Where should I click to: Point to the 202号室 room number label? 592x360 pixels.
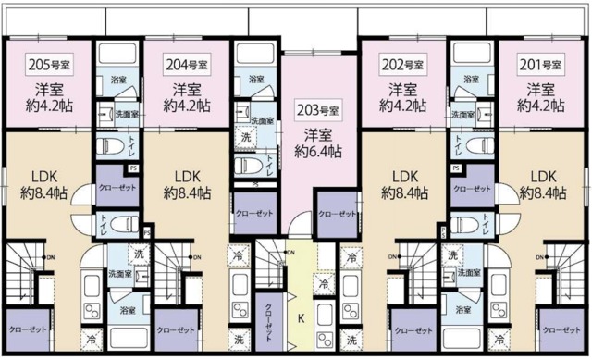click(403, 65)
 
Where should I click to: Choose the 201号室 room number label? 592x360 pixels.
click(541, 65)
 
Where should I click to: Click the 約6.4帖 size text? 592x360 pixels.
click(318, 151)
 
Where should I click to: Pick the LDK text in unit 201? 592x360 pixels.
click(542, 176)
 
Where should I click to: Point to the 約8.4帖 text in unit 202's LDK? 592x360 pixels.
click(403, 193)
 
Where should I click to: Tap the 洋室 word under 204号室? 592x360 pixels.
click(186, 90)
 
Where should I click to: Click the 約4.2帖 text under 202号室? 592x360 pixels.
click(403, 106)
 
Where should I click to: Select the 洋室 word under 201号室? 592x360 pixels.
click(541, 90)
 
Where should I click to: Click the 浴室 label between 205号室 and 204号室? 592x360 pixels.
click(118, 81)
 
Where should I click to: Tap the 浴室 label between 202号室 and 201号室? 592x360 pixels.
click(470, 81)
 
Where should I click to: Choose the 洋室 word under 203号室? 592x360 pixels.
click(318, 133)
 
